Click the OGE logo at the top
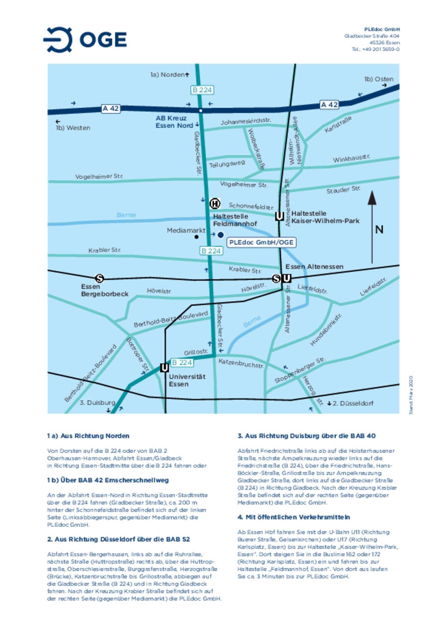[x=85, y=40]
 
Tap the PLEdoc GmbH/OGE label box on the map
[x=261, y=242]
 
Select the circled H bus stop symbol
[x=215, y=204]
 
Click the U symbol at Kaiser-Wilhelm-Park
[x=279, y=216]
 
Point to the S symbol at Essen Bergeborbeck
[x=99, y=278]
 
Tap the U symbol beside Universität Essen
[x=164, y=368]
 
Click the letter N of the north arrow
[x=379, y=230]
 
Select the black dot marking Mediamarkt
[x=197, y=237]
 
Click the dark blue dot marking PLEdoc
[x=220, y=234]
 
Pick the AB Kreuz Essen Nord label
[x=174, y=122]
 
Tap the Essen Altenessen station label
[x=314, y=267]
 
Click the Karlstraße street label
[x=338, y=124]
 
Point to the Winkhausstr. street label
[x=351, y=158]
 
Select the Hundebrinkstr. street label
[x=326, y=330]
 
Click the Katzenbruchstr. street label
[x=241, y=363]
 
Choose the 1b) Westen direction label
[x=73, y=128]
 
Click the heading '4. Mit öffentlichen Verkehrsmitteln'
[x=294, y=517]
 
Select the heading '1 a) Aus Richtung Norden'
[x=88, y=436]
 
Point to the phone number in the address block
[x=375, y=49]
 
